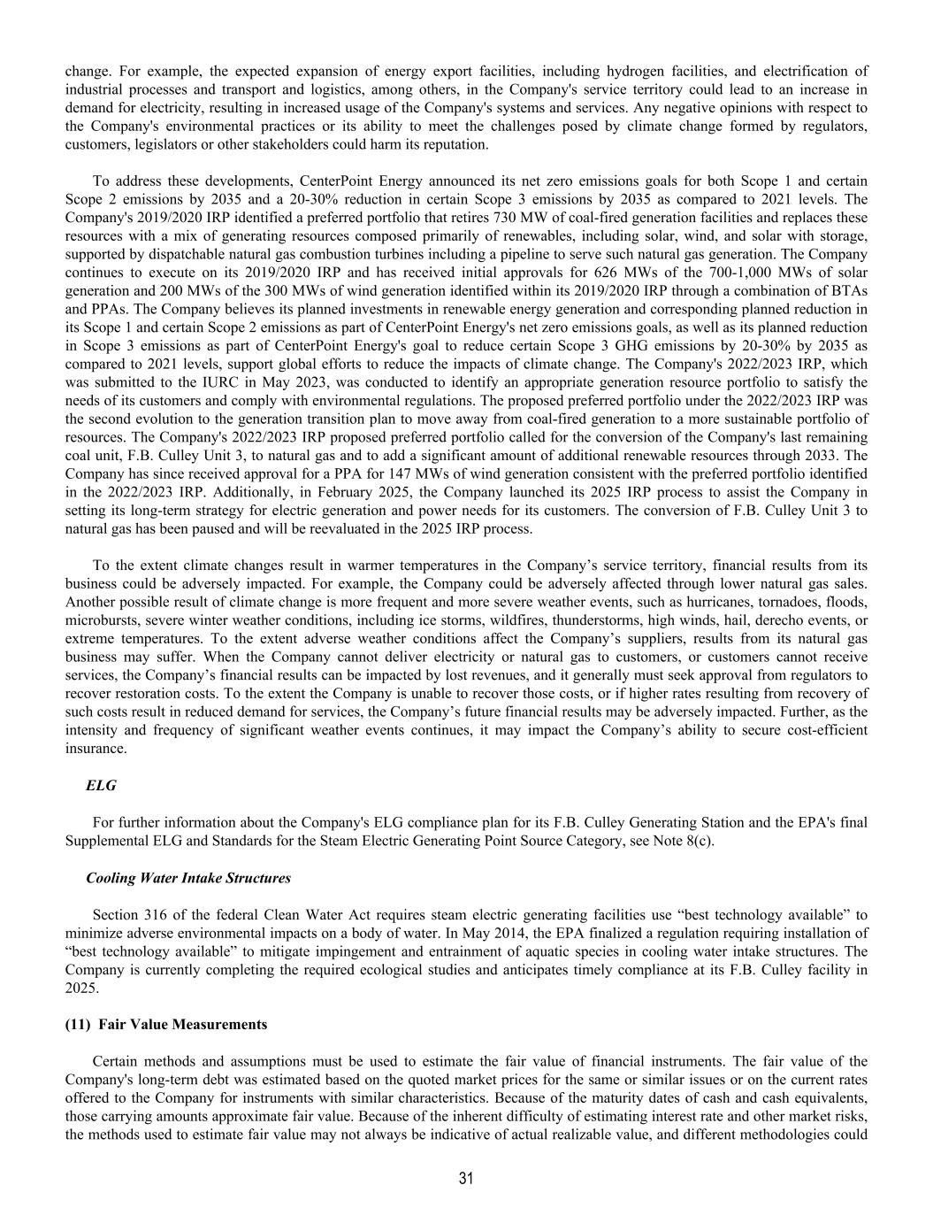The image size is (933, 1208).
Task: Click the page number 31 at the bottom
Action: [466, 1178]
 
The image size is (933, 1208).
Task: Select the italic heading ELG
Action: [101, 785]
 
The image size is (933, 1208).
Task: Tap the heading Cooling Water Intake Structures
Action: [188, 878]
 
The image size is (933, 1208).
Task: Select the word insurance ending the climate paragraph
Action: [96, 748]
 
